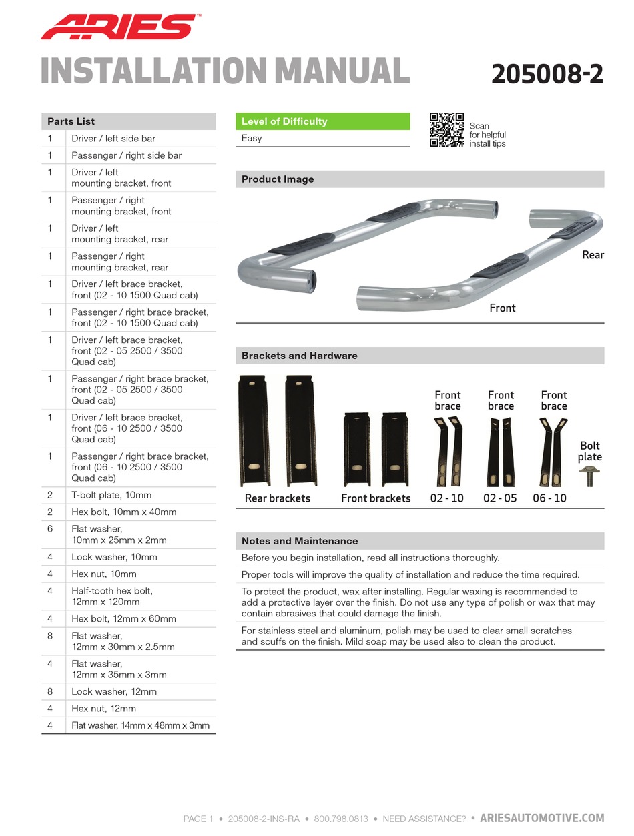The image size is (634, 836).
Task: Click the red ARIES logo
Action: pyautogui.click(x=117, y=27)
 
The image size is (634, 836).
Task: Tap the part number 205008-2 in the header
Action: pyautogui.click(x=547, y=74)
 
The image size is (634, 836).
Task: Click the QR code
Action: pyautogui.click(x=446, y=129)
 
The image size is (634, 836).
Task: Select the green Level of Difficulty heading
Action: pyautogui.click(x=284, y=121)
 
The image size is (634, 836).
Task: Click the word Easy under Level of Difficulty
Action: pyautogui.click(x=252, y=138)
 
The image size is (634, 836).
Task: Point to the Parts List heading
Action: pyautogui.click(x=71, y=121)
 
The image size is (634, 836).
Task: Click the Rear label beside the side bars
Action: pyautogui.click(x=593, y=255)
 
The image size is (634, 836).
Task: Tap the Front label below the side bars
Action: pyautogui.click(x=502, y=308)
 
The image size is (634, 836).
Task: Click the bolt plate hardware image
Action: pyautogui.click(x=590, y=476)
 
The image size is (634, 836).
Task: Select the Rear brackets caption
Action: pyautogui.click(x=277, y=498)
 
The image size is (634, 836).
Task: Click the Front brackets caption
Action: pyautogui.click(x=376, y=498)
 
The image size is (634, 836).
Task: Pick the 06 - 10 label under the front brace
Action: pyautogui.click(x=549, y=498)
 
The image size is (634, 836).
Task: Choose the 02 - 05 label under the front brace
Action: pyautogui.click(x=500, y=498)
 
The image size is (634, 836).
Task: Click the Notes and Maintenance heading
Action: pyautogui.click(x=300, y=541)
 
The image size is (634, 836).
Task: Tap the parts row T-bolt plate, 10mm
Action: pyautogui.click(x=111, y=495)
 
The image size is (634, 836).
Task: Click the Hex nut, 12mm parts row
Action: pyautogui.click(x=103, y=708)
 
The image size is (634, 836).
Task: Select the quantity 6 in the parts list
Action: pyautogui.click(x=50, y=528)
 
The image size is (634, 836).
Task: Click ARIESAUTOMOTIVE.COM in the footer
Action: pyautogui.click(x=542, y=818)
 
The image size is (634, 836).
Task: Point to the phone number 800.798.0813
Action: pyautogui.click(x=340, y=819)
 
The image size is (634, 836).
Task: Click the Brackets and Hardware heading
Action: pyautogui.click(x=300, y=356)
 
